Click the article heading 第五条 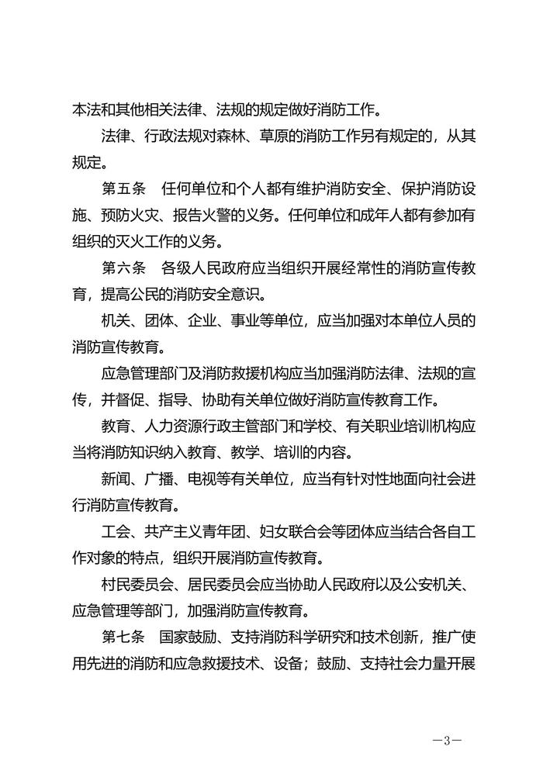pos(123,190)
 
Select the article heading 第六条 pos(123,269)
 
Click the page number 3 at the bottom pos(447,739)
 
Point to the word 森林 pos(244,137)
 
